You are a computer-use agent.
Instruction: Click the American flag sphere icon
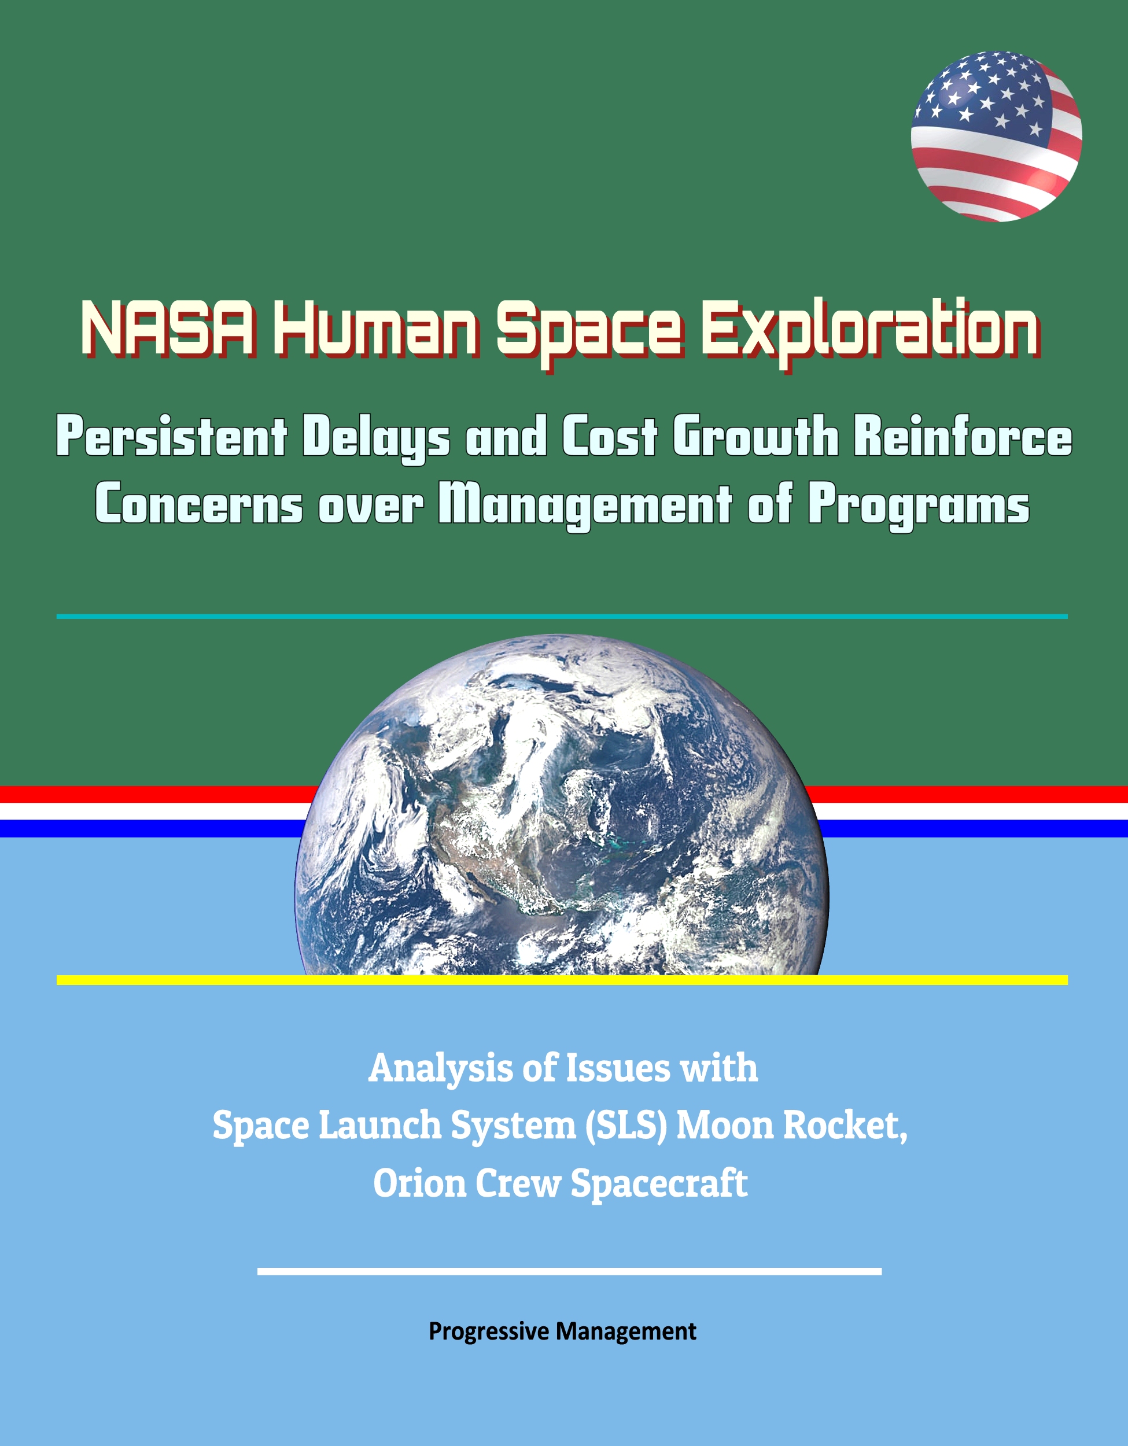click(x=996, y=137)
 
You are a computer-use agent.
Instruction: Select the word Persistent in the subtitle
click(x=172, y=438)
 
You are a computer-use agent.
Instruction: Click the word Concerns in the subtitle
click(x=199, y=505)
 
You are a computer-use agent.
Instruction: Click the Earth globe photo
click(x=561, y=805)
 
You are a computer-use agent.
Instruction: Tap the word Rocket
click(x=845, y=1126)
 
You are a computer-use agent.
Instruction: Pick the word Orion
click(x=418, y=1183)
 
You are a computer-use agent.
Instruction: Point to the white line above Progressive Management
click(x=569, y=1271)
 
